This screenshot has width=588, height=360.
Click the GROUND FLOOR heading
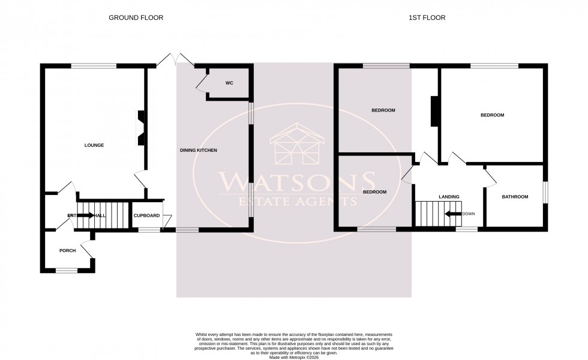tap(136, 18)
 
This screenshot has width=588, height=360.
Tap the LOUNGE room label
tap(94, 145)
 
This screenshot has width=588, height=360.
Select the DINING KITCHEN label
tap(199, 150)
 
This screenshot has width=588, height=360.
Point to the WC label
tap(229, 83)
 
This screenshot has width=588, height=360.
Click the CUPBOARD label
tap(146, 215)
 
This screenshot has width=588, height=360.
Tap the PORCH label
tap(67, 251)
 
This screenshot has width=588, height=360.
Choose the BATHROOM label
tap(515, 197)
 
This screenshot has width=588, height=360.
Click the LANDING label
tap(449, 197)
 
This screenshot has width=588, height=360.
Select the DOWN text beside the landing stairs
tap(469, 214)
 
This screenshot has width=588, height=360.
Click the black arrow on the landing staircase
tap(453, 214)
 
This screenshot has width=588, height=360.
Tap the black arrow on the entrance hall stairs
tap(86, 215)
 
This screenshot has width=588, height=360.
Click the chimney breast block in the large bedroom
tap(434, 111)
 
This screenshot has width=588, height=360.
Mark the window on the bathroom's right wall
tap(546, 193)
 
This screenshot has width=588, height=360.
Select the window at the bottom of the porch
tap(67, 271)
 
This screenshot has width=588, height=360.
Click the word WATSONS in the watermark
tap(296, 181)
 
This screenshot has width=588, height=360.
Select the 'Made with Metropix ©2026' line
tap(293, 358)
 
